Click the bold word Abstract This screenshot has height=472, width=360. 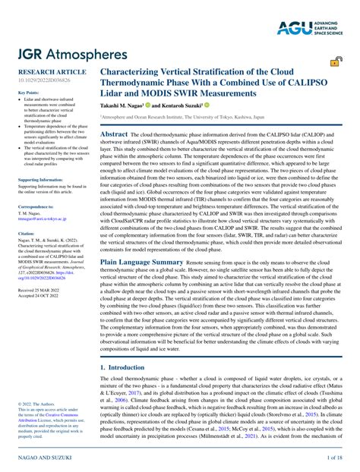click(114, 133)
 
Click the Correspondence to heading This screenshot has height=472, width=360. click(35, 206)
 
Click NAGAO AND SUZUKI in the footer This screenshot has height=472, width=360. click(41, 458)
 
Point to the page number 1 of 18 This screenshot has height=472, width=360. click(333, 458)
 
